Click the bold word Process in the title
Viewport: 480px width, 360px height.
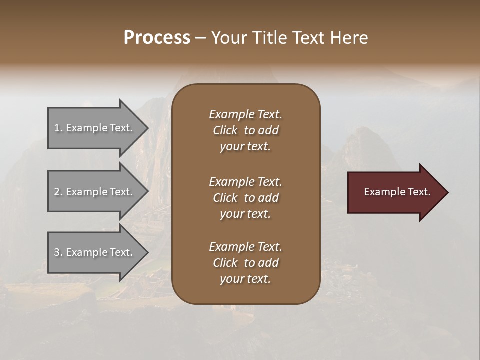(x=157, y=38)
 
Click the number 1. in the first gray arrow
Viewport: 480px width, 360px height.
(x=58, y=128)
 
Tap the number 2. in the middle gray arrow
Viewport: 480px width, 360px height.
(x=58, y=192)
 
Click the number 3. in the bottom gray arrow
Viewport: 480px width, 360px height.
(x=58, y=252)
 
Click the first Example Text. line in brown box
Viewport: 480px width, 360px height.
(x=245, y=114)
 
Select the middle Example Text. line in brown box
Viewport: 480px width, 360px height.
(x=245, y=181)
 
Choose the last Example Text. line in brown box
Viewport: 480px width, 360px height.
(x=245, y=247)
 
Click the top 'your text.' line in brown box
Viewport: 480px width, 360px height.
(x=245, y=147)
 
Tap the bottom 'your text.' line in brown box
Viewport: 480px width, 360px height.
(x=245, y=279)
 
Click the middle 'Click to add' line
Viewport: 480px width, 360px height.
(x=245, y=198)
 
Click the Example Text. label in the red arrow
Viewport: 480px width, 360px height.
(x=397, y=192)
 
